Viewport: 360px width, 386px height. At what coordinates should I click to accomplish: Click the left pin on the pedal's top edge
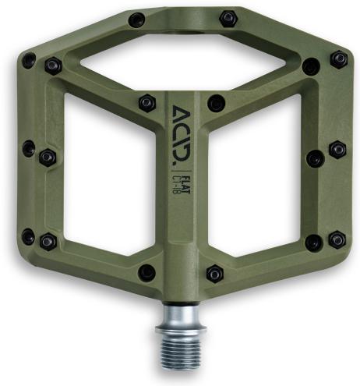pos(136,19)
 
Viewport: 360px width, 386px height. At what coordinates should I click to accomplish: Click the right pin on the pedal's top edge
pos(228,17)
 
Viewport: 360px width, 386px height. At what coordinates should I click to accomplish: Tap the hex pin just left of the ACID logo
pos(146,102)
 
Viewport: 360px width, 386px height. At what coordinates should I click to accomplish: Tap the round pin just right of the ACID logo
pos(216,103)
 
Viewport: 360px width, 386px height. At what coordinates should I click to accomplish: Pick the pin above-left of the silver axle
pos(146,272)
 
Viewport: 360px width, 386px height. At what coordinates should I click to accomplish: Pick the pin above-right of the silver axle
pos(214,274)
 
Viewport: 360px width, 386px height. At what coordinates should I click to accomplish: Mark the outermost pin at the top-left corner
pos(29,60)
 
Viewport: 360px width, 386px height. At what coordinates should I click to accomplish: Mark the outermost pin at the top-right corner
pos(339,58)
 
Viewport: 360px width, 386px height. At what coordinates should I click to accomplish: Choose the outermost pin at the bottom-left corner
pos(28,235)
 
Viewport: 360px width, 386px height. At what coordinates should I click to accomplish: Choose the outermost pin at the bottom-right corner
pos(337,239)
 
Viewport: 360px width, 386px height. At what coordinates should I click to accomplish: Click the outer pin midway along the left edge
pos(29,147)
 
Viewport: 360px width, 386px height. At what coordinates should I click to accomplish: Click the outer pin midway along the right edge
pos(337,148)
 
